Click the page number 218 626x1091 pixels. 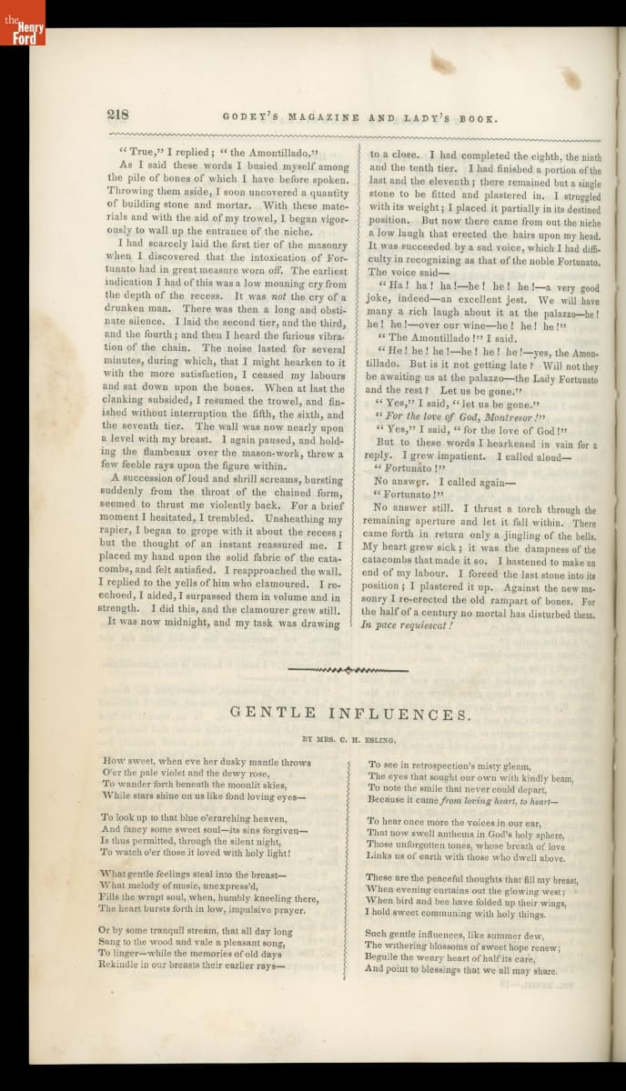coord(118,115)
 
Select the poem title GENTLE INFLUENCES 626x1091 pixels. coord(350,714)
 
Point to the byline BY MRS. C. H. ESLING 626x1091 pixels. coord(351,739)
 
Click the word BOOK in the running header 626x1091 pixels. coord(480,117)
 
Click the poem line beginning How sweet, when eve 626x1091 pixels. coord(207,761)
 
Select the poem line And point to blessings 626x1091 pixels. coord(461,969)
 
